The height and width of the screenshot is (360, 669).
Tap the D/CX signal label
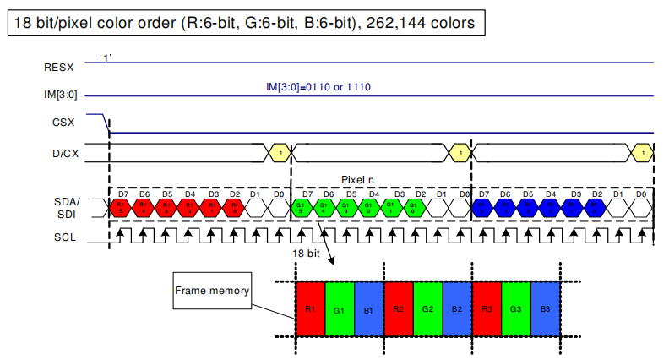[60, 153]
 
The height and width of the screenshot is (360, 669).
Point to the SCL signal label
[62, 237]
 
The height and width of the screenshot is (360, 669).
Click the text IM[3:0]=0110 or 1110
[318, 87]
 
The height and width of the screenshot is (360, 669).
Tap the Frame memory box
[212, 292]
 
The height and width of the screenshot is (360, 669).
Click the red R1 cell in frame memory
[309, 310]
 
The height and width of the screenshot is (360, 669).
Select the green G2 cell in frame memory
[427, 310]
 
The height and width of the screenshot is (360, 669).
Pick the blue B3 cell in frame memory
[545, 310]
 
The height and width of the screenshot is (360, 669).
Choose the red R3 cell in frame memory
[486, 310]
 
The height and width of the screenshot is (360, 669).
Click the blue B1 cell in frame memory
[368, 310]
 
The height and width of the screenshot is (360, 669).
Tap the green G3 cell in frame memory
[515, 310]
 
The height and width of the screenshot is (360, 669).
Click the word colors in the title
[454, 22]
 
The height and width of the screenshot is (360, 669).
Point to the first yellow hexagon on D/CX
[279, 153]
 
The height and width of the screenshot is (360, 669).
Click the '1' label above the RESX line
[106, 57]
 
